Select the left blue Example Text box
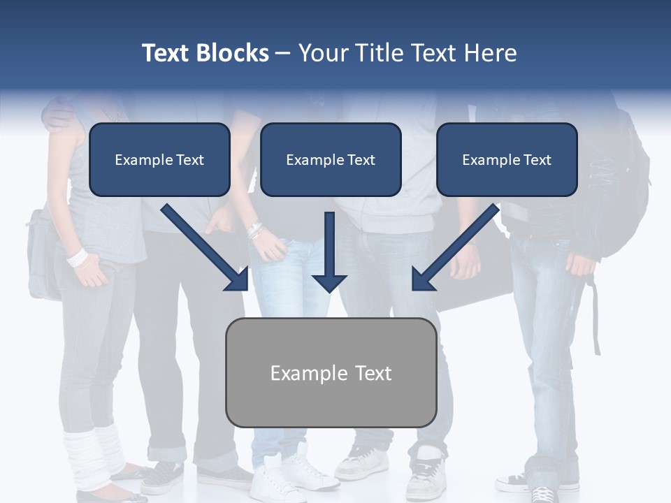coord(159,160)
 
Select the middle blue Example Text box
coord(331,160)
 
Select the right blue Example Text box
coord(507,160)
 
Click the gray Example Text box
coord(331,373)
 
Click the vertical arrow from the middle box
coord(329,251)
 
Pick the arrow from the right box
coord(455,247)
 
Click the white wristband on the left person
coord(78,257)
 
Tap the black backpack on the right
coord(622,189)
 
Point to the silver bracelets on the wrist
coord(255,231)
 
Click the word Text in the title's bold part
coord(166,53)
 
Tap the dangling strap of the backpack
coord(596,314)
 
